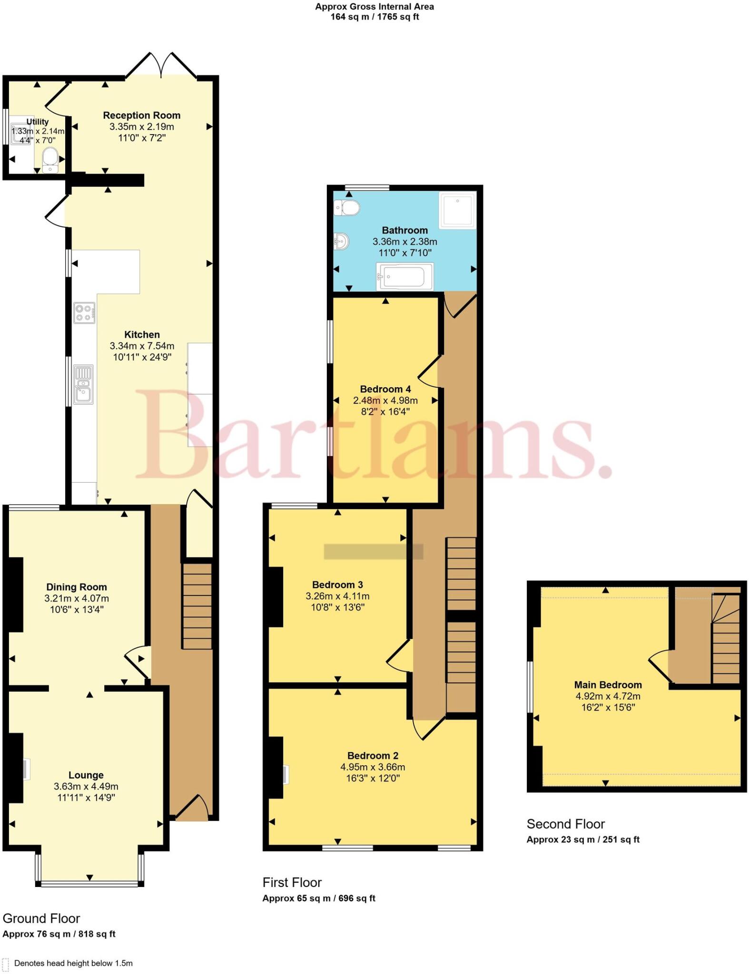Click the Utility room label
point(37,122)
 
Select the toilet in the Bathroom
point(347,208)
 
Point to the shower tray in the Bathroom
point(457,210)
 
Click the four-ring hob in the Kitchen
point(84,312)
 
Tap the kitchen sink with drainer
point(83,384)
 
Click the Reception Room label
point(142,115)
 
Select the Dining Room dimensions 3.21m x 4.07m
point(77,598)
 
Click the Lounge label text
point(86,775)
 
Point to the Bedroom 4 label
point(385,389)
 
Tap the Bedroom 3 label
point(337,584)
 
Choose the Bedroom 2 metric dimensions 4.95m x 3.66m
point(373,767)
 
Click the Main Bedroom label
point(608,684)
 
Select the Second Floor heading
point(565,824)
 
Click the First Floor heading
point(292,882)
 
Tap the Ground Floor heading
point(41,918)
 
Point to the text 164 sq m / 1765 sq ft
point(374,17)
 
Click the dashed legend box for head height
point(6,963)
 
